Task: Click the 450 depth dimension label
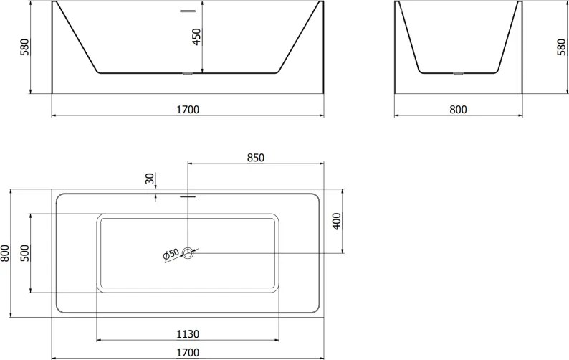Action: pyautogui.click(x=196, y=37)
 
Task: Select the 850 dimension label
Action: pyautogui.click(x=256, y=158)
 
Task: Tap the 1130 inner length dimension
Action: pyautogui.click(x=188, y=334)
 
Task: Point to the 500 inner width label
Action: pyautogui.click(x=25, y=253)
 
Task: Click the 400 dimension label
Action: pyautogui.click(x=337, y=221)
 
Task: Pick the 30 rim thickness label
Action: pyautogui.click(x=150, y=179)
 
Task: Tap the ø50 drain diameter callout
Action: pyautogui.click(x=171, y=255)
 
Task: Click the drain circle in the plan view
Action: pyautogui.click(x=188, y=253)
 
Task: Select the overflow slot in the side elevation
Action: pyautogui.click(x=188, y=11)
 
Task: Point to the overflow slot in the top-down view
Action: pyautogui.click(x=188, y=197)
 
